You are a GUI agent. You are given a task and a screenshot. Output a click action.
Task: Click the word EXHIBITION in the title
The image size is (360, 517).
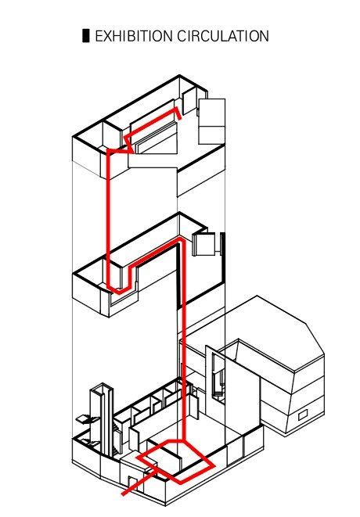(x=134, y=36)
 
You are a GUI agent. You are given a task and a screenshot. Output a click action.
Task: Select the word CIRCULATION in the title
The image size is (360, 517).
(x=223, y=36)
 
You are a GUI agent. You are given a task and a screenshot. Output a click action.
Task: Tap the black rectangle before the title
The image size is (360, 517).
(x=86, y=36)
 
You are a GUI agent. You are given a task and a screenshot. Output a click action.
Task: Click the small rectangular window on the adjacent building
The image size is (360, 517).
(x=303, y=415)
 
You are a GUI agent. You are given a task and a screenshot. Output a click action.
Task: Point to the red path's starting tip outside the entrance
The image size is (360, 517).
(x=124, y=494)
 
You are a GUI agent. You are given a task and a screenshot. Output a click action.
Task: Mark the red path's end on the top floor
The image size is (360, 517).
(x=179, y=119)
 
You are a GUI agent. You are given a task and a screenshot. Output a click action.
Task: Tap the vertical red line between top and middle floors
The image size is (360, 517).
(x=108, y=217)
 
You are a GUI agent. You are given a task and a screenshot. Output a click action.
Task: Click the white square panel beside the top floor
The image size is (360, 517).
(x=212, y=121)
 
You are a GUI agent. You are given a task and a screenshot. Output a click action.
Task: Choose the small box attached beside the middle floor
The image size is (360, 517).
(x=204, y=243)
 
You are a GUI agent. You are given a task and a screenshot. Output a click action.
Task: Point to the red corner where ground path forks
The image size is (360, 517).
(x=183, y=441)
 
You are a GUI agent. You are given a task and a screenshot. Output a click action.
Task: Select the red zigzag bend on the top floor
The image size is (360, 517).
(x=128, y=142)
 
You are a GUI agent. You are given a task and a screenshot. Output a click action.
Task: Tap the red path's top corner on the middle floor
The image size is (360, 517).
(x=180, y=239)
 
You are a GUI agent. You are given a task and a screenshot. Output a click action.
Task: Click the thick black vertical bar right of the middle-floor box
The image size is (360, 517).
(x=222, y=244)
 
